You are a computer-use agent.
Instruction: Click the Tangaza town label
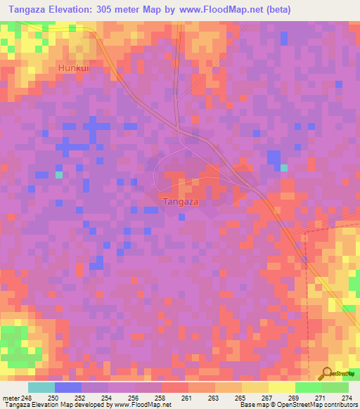click(180, 202)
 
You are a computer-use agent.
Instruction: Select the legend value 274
click(345, 398)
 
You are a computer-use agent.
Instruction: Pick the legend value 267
click(264, 398)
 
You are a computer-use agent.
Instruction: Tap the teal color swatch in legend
click(41, 387)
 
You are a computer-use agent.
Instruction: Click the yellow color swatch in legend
click(281, 387)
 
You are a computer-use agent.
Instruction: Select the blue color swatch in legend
click(67, 387)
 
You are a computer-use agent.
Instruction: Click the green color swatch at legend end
click(335, 387)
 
